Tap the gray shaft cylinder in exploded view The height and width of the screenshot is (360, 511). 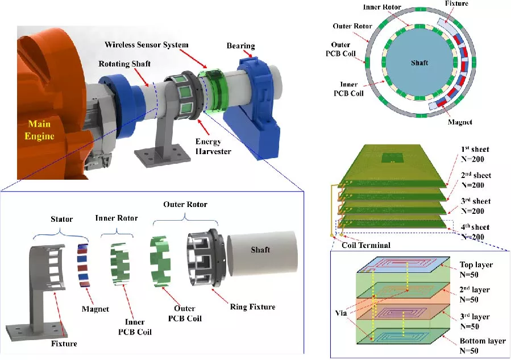(x=262, y=253)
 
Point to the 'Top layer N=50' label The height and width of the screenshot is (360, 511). (x=475, y=270)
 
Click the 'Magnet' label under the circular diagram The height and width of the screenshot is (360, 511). (x=460, y=122)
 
